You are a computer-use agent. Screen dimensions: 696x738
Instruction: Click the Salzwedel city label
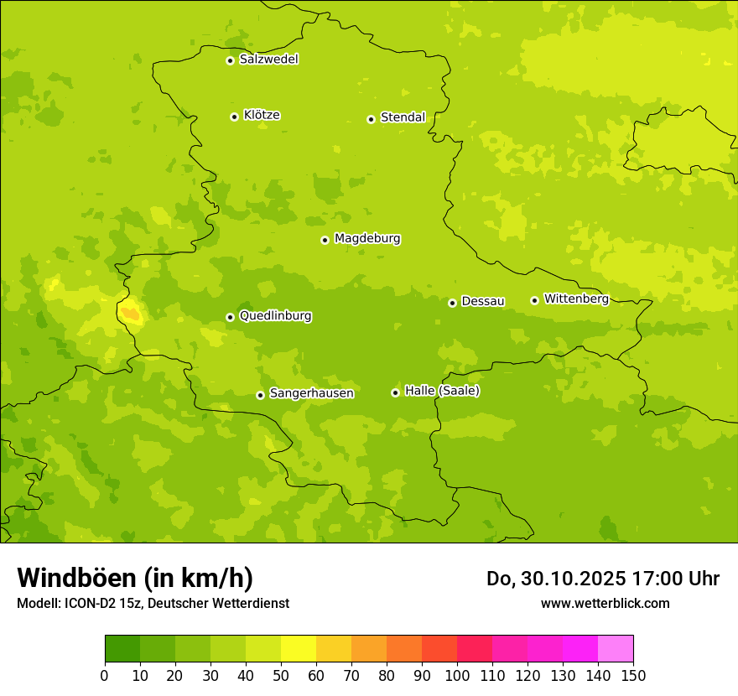pyautogui.click(x=268, y=60)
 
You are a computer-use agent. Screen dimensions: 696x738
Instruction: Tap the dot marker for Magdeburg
pyautogui.click(x=325, y=240)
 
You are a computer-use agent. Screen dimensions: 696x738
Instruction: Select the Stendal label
pyautogui.click(x=403, y=117)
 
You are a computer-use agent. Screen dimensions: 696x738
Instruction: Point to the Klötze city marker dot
pyautogui.click(x=234, y=117)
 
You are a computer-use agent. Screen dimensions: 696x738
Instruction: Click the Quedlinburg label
pyautogui.click(x=275, y=316)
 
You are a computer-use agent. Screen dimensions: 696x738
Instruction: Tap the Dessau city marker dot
pyautogui.click(x=452, y=303)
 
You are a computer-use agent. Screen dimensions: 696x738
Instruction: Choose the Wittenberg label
pyautogui.click(x=575, y=299)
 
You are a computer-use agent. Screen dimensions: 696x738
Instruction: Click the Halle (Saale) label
pyautogui.click(x=442, y=391)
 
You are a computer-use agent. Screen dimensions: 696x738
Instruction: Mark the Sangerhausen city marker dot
pyautogui.click(x=260, y=395)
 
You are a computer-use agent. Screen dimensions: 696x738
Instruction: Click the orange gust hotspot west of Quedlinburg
pyautogui.click(x=130, y=314)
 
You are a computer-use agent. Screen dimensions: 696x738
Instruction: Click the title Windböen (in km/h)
pyautogui.click(x=135, y=578)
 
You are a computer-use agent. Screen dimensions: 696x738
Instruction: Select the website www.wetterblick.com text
pyautogui.click(x=605, y=603)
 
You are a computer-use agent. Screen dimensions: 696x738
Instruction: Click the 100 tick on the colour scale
pyautogui.click(x=457, y=675)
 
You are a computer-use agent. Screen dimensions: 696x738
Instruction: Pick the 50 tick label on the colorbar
pyautogui.click(x=281, y=675)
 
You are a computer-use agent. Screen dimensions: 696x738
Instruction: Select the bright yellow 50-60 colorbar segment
pyautogui.click(x=299, y=649)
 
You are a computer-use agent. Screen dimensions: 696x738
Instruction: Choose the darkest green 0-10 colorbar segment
pyautogui.click(x=122, y=649)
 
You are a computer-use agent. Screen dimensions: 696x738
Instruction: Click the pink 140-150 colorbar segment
pyautogui.click(x=616, y=649)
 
